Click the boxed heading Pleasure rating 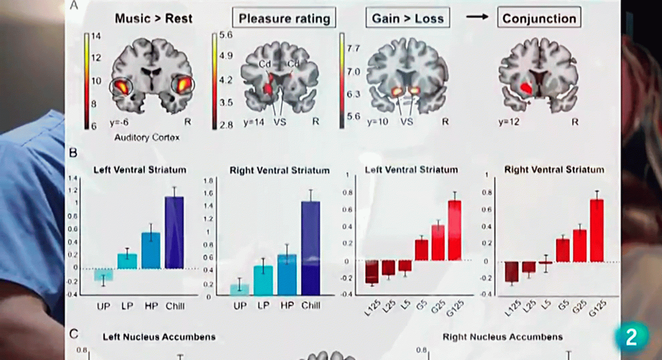coord(284,18)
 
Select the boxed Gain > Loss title coord(408,18)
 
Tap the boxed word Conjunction coord(539,18)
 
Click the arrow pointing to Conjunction coord(477,17)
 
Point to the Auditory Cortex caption coord(147,137)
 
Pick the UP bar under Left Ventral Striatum coord(103,275)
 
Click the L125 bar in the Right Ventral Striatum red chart coord(511,272)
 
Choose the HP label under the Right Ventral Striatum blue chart coord(287,305)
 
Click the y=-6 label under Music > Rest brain coord(119,122)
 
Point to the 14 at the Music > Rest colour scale coord(96,36)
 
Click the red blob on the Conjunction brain coord(526,87)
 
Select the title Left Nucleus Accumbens coord(159,337)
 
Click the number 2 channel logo coord(631,337)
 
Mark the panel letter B coord(73,153)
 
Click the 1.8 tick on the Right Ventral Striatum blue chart coord(208,181)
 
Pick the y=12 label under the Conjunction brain coord(508,122)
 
